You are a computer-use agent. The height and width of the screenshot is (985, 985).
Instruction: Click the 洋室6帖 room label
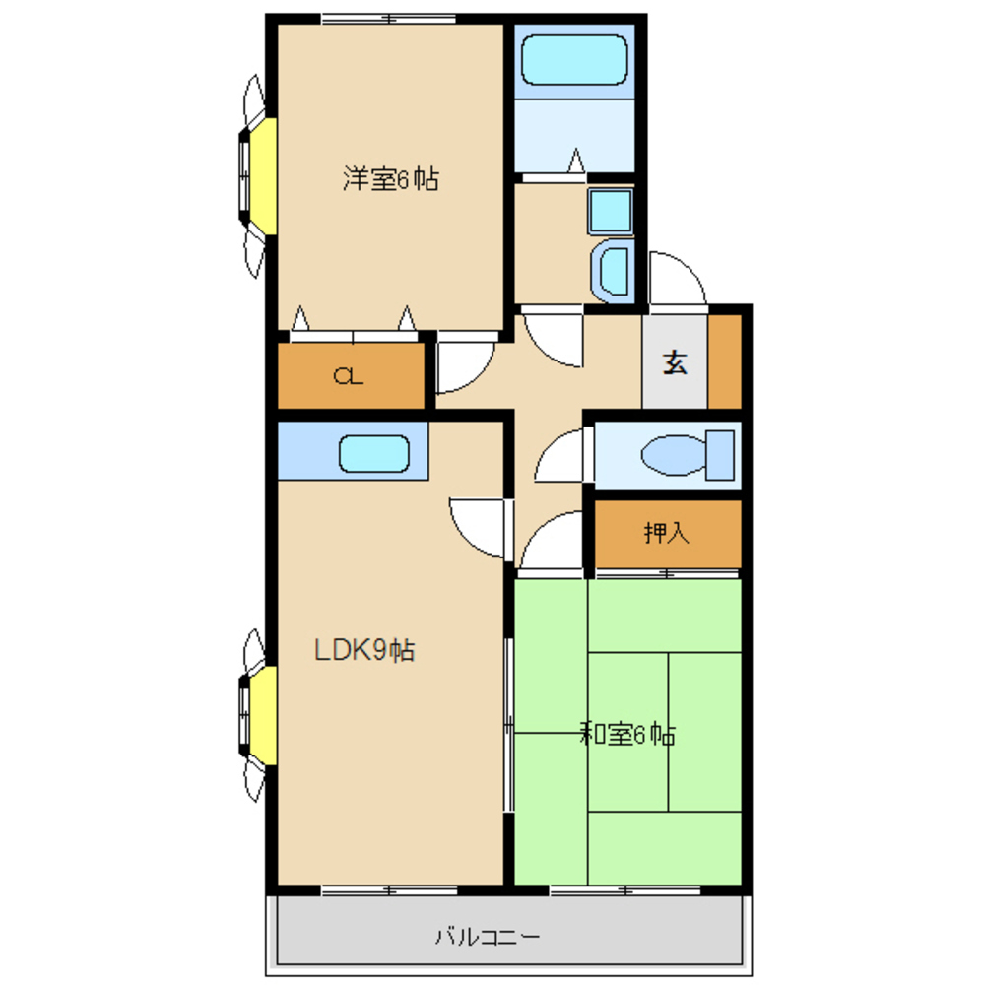pos(391,179)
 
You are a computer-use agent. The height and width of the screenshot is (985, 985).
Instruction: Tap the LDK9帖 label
pos(364,650)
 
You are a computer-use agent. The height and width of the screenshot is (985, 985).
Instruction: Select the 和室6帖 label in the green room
pos(627,733)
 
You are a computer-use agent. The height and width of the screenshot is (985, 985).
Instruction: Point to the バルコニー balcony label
pos(488,937)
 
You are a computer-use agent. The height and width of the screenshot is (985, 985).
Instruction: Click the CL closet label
pos(348,376)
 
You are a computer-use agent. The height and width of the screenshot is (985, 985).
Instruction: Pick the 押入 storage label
pos(667,533)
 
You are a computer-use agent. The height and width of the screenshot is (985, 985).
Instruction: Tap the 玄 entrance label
pos(675,362)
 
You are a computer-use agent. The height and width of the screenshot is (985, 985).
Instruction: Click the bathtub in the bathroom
pos(574,60)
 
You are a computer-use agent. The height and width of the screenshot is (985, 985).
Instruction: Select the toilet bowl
pos(688,454)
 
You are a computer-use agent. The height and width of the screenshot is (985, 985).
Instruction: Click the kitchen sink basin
pos(373,453)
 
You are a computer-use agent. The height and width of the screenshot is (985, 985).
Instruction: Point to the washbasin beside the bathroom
pos(613,270)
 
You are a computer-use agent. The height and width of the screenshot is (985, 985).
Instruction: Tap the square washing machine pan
pos(610,211)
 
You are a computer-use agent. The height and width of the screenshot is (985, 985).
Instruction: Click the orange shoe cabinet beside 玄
pos(725,361)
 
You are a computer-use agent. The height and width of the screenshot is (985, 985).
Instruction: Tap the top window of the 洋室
pos(389,18)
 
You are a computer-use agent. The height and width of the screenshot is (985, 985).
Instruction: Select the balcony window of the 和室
pos(625,890)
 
